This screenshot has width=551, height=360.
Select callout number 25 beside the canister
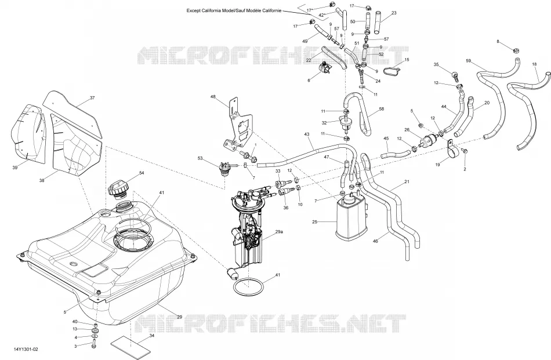tap(314, 222)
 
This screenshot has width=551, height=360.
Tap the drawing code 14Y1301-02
tap(26, 350)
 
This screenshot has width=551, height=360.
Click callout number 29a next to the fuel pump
tap(279, 232)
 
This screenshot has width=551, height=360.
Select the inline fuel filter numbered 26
tap(430, 138)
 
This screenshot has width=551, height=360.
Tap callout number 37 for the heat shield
tap(92, 98)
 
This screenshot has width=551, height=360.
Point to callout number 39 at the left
tap(14, 168)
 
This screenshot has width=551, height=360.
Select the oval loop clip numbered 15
tap(391, 71)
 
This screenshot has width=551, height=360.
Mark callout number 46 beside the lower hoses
tap(375, 241)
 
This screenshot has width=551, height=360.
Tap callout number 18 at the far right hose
tap(535, 64)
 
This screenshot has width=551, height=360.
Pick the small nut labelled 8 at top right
tap(516, 50)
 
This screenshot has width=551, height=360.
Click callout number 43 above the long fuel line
tap(307, 134)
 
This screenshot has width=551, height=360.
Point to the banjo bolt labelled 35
tap(454, 75)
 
